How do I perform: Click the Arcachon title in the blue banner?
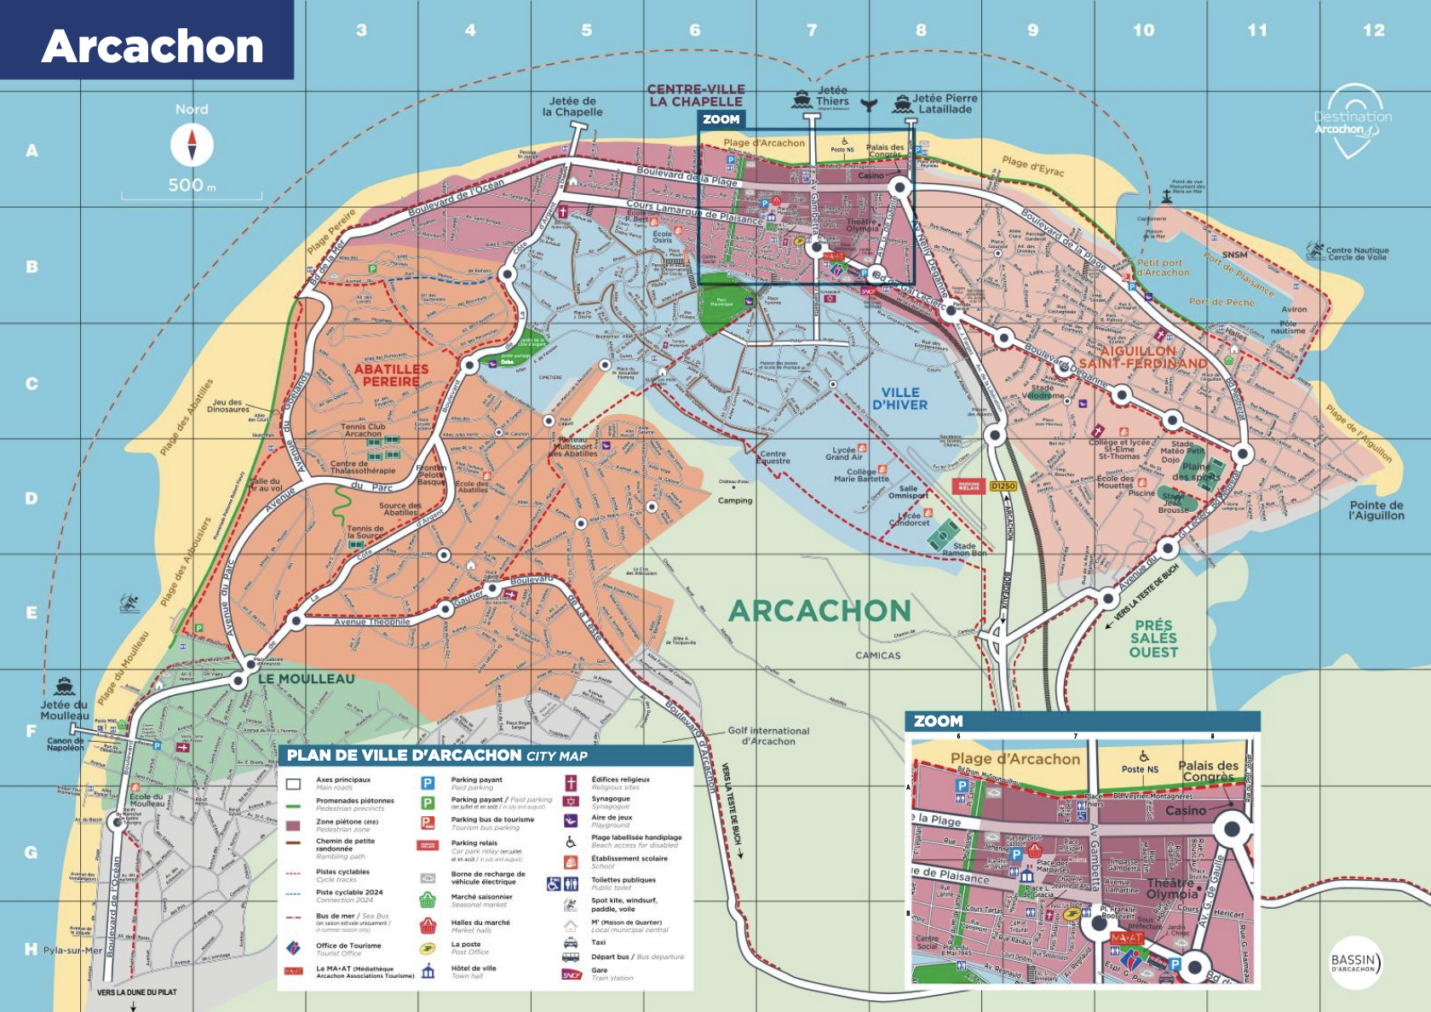pos(152,46)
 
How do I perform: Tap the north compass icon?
pos(192,145)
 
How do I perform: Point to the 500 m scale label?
pos(191,185)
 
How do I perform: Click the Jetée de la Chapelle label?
pos(572,106)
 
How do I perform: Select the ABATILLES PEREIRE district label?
pos(391,375)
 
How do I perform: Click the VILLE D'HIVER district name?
pos(899,399)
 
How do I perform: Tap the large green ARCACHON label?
pos(819,611)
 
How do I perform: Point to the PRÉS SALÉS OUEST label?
pos(1153,638)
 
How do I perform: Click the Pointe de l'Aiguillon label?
pos(1376,510)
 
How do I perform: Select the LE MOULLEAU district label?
pos(306,679)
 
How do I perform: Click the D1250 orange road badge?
pos(1003,486)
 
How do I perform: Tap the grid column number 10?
pos(1143,31)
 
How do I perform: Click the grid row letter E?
pos(32,612)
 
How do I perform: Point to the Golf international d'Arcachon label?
pos(768,736)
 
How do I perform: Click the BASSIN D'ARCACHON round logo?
pos(1353,963)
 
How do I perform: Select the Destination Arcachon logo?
pos(1353,120)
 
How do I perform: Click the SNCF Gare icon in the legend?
pos(572,974)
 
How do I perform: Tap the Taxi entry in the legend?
pos(598,942)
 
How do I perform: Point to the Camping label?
pos(734,501)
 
